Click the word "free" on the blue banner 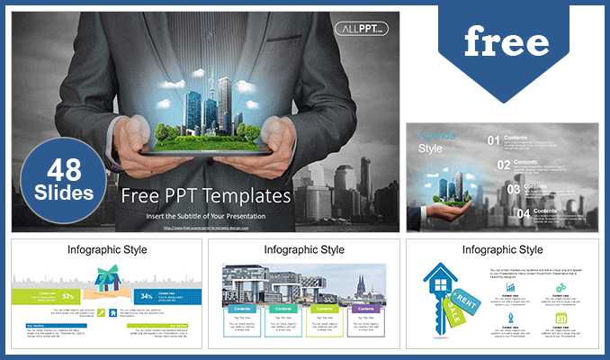point(507,41)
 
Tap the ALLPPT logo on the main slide point(361,29)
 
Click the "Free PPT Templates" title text point(206,195)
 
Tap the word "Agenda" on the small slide point(436,136)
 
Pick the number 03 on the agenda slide point(515,190)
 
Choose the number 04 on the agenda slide point(524,214)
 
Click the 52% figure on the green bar point(68,294)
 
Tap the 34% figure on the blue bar point(147,294)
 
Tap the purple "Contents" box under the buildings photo point(362,307)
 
